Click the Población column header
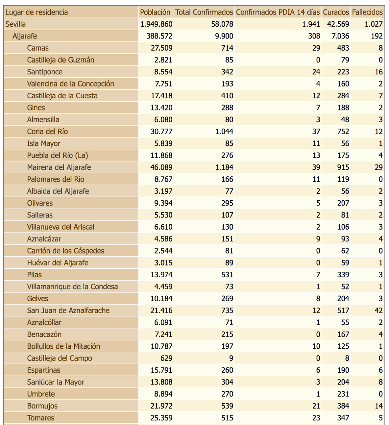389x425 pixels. click(x=155, y=12)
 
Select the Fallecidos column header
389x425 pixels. click(x=367, y=12)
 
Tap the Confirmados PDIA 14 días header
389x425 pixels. click(x=278, y=12)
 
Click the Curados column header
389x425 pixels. click(x=336, y=12)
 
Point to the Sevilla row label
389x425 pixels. click(x=15, y=24)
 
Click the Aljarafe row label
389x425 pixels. click(x=25, y=36)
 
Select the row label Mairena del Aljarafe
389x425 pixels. click(x=59, y=167)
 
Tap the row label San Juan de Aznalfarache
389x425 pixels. click(x=68, y=311)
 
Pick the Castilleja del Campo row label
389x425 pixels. click(x=60, y=358)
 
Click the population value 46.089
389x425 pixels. click(x=161, y=167)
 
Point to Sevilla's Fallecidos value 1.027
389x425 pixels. click(x=374, y=24)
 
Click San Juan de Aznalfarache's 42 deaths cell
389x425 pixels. click(x=378, y=311)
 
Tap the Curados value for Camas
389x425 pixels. click(x=343, y=48)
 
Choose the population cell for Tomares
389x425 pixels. click(x=161, y=418)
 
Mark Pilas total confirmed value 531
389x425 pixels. click(x=227, y=275)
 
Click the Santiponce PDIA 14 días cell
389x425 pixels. click(x=316, y=72)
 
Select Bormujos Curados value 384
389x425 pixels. click(x=343, y=406)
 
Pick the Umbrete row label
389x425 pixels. click(x=41, y=394)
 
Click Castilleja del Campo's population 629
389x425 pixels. click(x=165, y=358)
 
